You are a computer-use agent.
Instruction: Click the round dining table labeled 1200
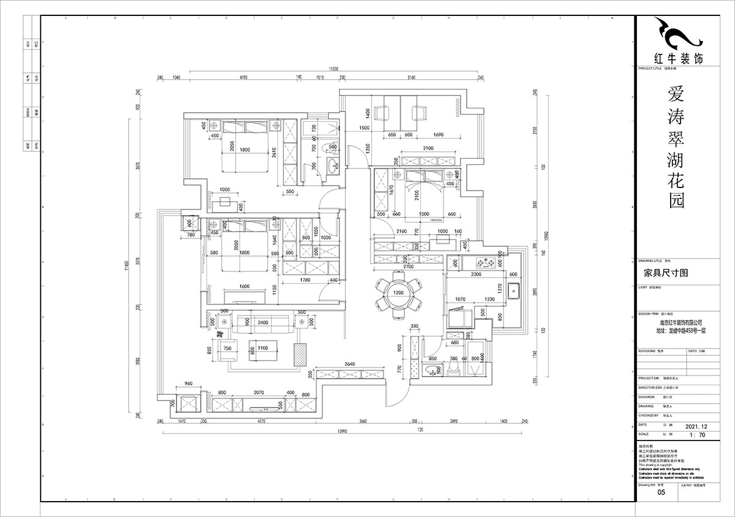point(399,293)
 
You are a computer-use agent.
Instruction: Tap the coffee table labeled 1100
point(263,348)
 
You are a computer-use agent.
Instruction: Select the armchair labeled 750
point(227,349)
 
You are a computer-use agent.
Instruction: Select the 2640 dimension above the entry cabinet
point(349,364)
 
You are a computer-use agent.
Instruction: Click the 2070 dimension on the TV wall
point(259,394)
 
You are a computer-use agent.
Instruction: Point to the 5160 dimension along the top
point(411,78)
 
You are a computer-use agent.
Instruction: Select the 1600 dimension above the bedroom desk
point(244,287)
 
